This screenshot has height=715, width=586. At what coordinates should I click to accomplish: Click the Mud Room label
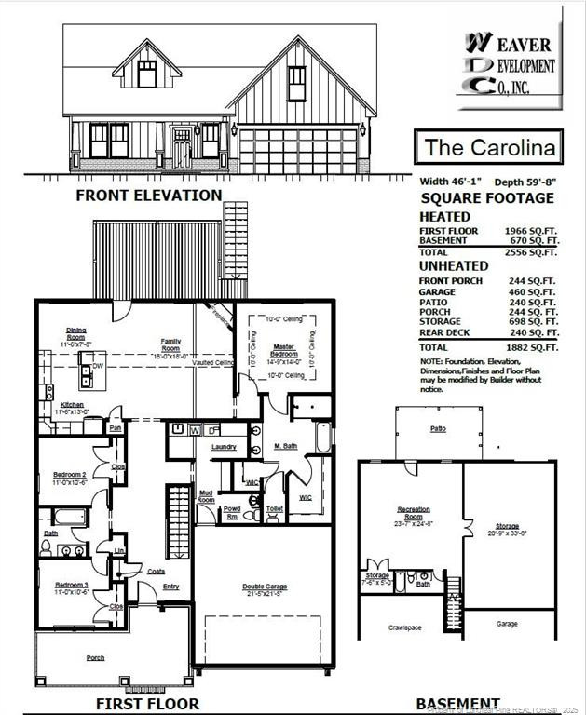(206, 496)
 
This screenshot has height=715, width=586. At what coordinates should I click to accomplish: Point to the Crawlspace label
(405, 627)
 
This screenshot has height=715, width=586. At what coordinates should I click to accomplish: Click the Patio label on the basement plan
(438, 429)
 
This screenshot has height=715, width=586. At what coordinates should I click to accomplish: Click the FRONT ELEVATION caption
(149, 196)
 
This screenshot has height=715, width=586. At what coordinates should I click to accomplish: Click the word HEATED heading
(445, 216)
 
